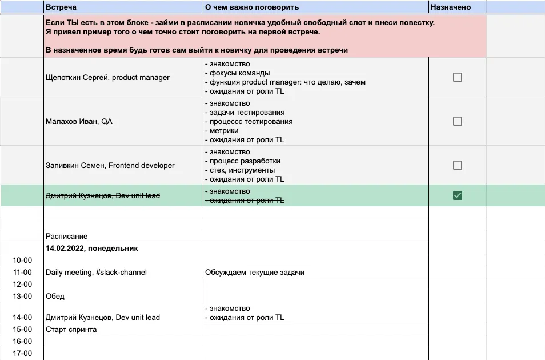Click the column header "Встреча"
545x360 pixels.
[x=61, y=7]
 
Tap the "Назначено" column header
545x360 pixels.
[x=451, y=7]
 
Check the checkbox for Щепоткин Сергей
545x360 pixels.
[x=457, y=77]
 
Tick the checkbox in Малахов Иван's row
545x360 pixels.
[x=457, y=121]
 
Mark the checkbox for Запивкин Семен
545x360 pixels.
[x=457, y=165]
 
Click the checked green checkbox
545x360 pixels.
[x=457, y=195]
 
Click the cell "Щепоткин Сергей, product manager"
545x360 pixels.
[x=107, y=77]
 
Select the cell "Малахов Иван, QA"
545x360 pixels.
[x=79, y=122]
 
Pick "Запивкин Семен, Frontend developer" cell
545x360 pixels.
[x=110, y=166]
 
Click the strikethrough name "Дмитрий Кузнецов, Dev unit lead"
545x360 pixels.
[x=103, y=196]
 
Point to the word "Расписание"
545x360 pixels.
[x=67, y=236]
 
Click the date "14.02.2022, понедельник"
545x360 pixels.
[x=91, y=249]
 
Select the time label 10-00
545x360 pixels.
[x=22, y=261]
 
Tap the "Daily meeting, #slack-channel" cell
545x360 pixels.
[x=96, y=273]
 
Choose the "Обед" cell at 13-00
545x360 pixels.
[x=55, y=297]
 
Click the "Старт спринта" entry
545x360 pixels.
[x=71, y=330]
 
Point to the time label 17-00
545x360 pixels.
[x=22, y=354]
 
